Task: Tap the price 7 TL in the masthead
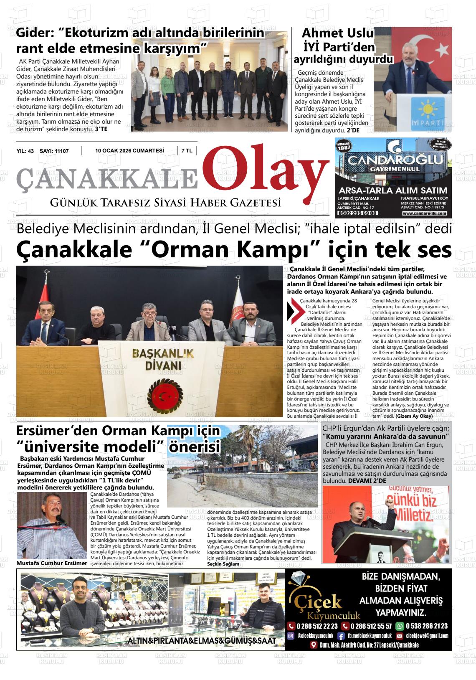(187, 151)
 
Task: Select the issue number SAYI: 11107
(54, 151)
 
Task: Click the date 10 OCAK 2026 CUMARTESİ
(129, 151)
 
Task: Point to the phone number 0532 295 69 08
(357, 213)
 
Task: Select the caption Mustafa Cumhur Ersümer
(52, 563)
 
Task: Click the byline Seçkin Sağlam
(223, 564)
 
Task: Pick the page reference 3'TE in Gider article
(101, 129)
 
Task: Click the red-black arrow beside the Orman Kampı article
(293, 310)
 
